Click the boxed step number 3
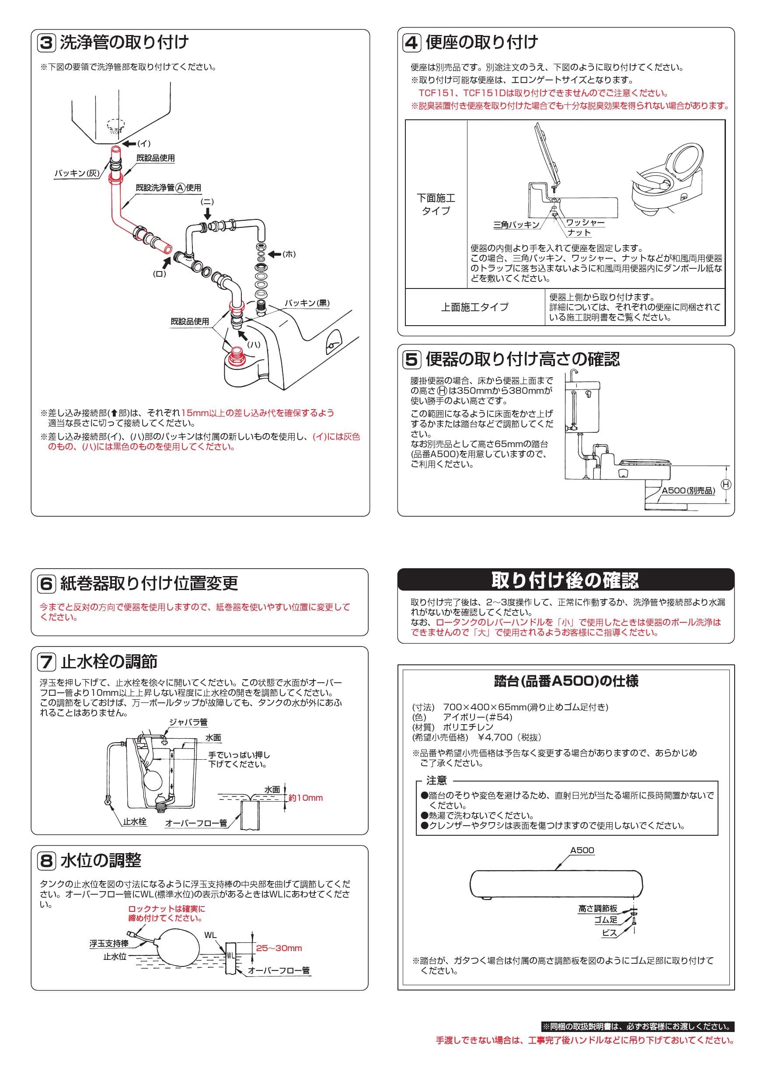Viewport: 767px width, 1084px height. pyautogui.click(x=46, y=43)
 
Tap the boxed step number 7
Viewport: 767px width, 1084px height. pyautogui.click(x=46, y=662)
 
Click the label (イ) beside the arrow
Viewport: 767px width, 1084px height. pyautogui.click(x=143, y=143)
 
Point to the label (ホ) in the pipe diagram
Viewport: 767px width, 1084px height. pyautogui.click(x=289, y=254)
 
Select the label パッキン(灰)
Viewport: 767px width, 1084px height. pyautogui.click(x=77, y=173)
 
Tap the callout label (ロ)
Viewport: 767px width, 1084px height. pyautogui.click(x=160, y=274)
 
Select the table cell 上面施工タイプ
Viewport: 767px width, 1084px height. pyautogui.click(x=474, y=307)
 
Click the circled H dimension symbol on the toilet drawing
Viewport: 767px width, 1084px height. pyautogui.click(x=726, y=484)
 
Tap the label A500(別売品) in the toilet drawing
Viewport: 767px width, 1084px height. pyautogui.click(x=688, y=491)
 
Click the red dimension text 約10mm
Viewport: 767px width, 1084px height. pyautogui.click(x=306, y=798)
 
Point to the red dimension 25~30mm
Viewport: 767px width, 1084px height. pyautogui.click(x=279, y=948)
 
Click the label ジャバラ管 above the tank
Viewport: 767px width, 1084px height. pyautogui.click(x=188, y=723)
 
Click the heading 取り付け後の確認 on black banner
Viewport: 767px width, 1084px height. pyautogui.click(x=565, y=580)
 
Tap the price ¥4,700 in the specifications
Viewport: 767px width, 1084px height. pyautogui.click(x=495, y=737)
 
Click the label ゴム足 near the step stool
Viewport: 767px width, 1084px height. pyautogui.click(x=606, y=920)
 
